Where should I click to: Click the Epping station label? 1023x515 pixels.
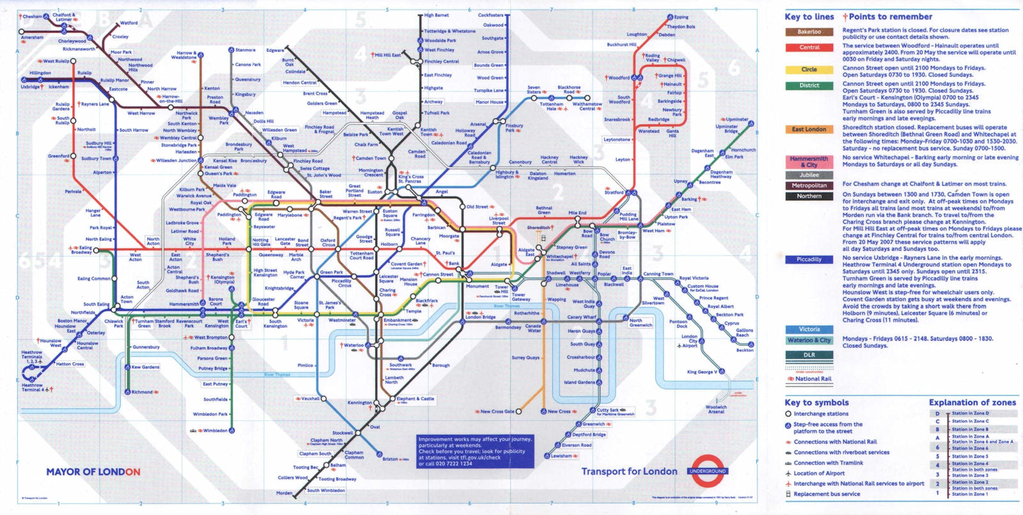click(x=682, y=17)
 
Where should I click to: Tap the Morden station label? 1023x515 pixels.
click(x=284, y=493)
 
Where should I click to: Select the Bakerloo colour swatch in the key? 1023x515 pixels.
click(x=809, y=32)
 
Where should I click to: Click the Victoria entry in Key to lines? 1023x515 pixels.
click(x=809, y=329)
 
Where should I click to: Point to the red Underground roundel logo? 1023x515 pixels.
click(x=707, y=471)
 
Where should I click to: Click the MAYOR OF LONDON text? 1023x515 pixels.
click(x=93, y=472)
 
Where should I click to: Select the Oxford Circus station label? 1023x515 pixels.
click(x=328, y=242)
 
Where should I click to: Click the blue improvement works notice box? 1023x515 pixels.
click(x=474, y=451)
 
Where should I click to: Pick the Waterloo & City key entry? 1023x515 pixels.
click(x=809, y=340)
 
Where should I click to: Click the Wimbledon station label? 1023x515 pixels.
click(x=215, y=431)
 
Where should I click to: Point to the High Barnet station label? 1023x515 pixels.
click(x=437, y=15)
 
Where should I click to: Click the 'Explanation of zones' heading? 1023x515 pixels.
click(x=972, y=402)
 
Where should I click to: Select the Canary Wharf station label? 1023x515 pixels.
click(x=581, y=317)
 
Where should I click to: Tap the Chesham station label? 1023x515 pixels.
click(x=32, y=17)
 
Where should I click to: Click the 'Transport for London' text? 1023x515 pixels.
click(x=629, y=471)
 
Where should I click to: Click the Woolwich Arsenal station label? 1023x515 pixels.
click(x=716, y=409)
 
